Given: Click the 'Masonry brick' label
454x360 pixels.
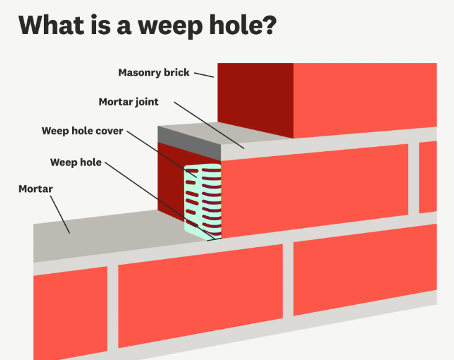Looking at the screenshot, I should pos(154,72).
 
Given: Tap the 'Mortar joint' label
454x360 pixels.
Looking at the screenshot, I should pos(128,102).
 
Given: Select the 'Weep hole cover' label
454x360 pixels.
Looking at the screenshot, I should pos(82,131).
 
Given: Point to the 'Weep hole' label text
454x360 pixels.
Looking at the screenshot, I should pos(75,162).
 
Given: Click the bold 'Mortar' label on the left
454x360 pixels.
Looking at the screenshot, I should pos(35,188).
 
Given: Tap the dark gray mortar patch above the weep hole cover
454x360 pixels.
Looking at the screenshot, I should pos(189,134).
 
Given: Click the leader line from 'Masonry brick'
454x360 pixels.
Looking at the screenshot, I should pos(204,74).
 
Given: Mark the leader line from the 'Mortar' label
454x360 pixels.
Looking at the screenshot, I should pos(60,214).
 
